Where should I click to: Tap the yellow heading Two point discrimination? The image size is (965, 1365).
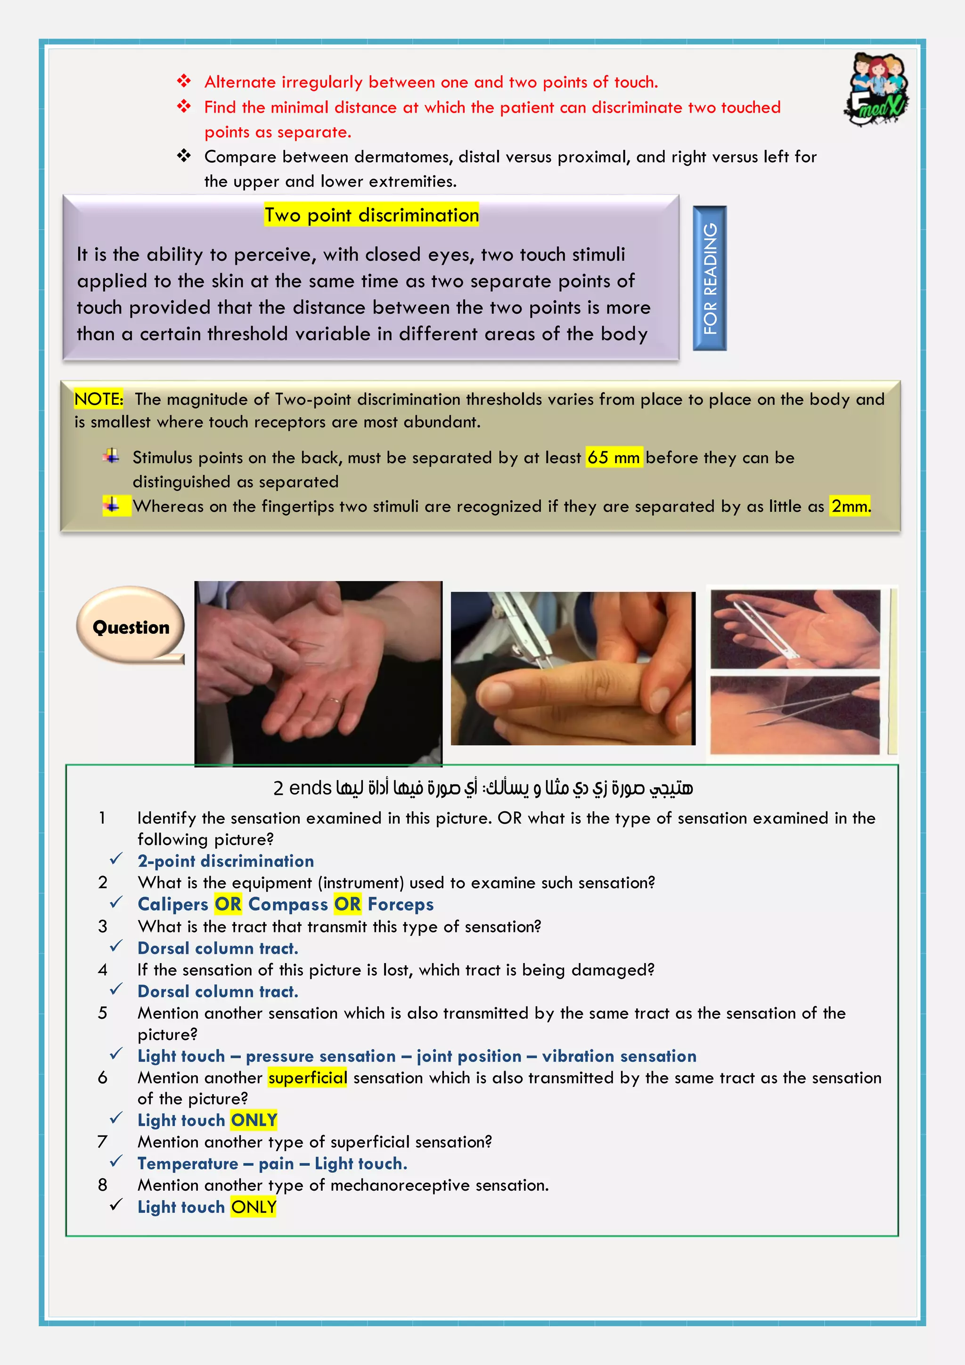372,215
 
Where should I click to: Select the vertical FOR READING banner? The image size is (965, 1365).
709,278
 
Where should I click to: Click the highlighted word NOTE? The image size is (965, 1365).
98,399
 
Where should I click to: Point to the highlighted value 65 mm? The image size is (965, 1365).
613,457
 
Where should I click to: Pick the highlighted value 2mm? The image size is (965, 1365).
850,506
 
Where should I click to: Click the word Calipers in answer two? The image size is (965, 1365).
172,904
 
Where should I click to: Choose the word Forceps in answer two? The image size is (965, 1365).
400,904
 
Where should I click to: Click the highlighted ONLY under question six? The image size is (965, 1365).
254,1120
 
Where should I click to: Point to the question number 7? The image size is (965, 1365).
102,1142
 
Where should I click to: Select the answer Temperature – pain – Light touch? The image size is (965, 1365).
272,1163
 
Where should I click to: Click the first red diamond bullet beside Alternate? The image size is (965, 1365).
184,81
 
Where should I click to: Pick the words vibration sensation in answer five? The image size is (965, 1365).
619,1056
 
